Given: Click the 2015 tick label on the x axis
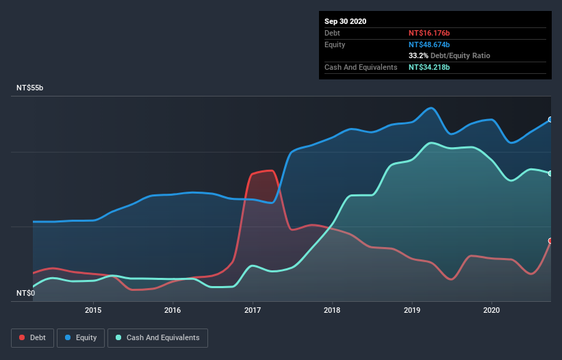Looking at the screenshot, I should (93, 309).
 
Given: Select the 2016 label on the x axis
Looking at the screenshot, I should (173, 309).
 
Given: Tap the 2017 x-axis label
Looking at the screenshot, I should (253, 309).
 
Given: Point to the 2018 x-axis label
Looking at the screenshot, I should (332, 309).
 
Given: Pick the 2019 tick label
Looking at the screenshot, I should (412, 309).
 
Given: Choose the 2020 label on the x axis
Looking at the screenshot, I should (491, 309).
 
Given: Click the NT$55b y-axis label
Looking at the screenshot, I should (31, 88).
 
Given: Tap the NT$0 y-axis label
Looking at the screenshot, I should (26, 293).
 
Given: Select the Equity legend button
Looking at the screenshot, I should (81, 337).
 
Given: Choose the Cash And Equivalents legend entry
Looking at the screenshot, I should (157, 337).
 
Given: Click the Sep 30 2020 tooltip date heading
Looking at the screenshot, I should (346, 21).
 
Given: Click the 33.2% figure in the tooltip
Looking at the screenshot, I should (418, 55).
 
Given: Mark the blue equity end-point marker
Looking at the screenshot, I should (550, 119).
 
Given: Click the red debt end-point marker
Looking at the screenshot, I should (550, 241).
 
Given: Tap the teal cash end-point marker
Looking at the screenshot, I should (550, 173).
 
